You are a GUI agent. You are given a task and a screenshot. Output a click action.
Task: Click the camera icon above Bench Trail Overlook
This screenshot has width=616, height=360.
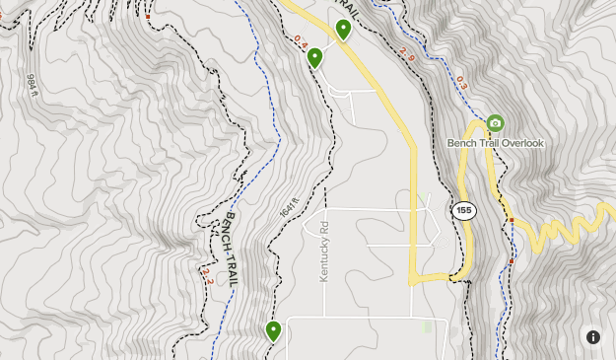pyautogui.click(x=495, y=123)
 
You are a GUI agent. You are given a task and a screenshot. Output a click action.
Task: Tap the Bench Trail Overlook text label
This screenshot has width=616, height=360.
pyautogui.click(x=495, y=144)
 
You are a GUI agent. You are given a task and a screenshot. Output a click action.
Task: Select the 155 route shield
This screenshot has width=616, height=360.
pyautogui.click(x=464, y=210)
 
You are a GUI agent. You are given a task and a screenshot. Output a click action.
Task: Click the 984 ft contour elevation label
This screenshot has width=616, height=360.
pyautogui.click(x=32, y=87)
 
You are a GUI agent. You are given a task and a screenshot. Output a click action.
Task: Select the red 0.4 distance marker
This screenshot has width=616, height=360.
pyautogui.click(x=301, y=43)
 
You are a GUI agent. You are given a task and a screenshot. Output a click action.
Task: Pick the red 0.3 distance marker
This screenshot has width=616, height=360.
pyautogui.click(x=461, y=84)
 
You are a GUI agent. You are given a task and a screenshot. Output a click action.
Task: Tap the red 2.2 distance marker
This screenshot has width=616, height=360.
pyautogui.click(x=207, y=275)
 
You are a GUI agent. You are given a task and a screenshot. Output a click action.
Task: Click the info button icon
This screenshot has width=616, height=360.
pyautogui.click(x=593, y=336)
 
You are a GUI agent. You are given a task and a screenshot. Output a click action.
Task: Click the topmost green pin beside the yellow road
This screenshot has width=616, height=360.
pyautogui.click(x=343, y=29)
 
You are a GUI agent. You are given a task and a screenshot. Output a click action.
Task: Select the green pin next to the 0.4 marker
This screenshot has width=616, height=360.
pyautogui.click(x=314, y=57)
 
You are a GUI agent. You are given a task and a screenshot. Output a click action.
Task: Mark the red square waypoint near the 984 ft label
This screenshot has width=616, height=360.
pyautogui.click(x=148, y=17)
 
